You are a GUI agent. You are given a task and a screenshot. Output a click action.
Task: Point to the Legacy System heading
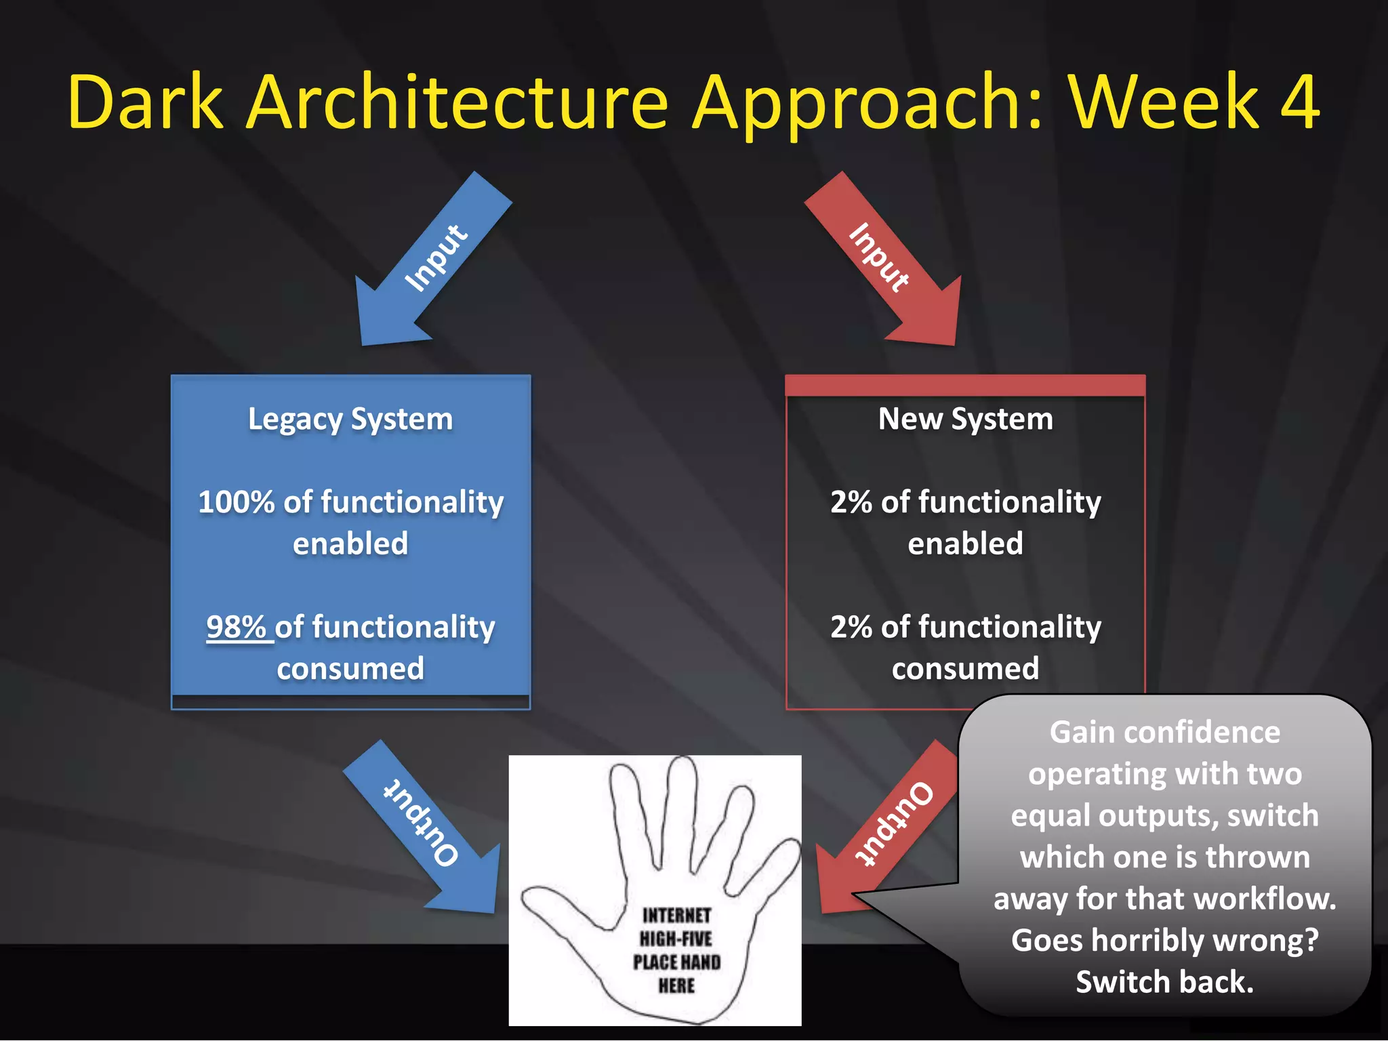(x=350, y=419)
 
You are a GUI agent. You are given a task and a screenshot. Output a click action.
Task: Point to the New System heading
(x=965, y=419)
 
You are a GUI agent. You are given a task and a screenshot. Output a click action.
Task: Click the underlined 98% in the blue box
(x=237, y=627)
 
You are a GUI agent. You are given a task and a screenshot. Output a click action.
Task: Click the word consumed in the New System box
(x=965, y=669)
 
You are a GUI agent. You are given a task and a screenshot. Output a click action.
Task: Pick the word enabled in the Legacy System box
(x=350, y=544)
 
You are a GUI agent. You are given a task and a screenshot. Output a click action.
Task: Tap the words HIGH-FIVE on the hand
(x=676, y=939)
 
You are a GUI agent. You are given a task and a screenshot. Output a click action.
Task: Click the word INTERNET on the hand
(x=676, y=916)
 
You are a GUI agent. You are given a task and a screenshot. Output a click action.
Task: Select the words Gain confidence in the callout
(x=1164, y=733)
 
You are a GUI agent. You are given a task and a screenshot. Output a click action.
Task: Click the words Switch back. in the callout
(x=1164, y=982)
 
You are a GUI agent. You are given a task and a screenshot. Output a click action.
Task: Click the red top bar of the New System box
(x=965, y=385)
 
